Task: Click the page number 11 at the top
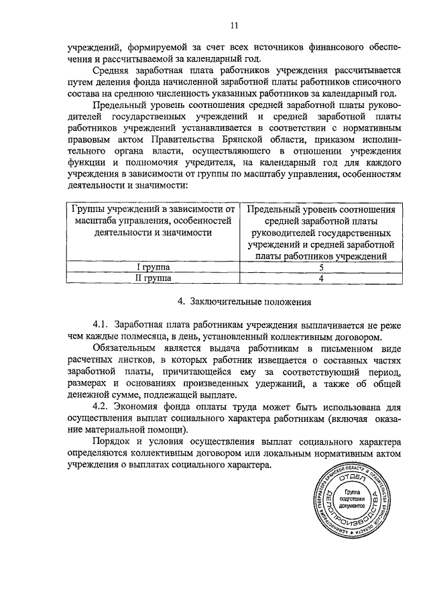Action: (x=234, y=26)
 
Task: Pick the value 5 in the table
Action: (x=321, y=266)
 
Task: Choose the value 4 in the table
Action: (x=321, y=277)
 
